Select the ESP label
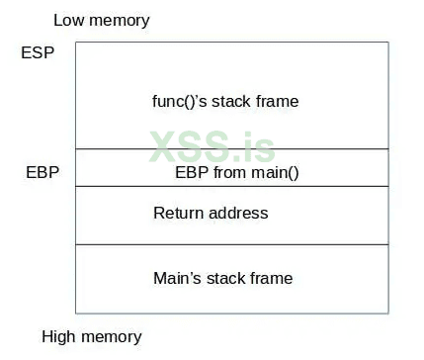37,52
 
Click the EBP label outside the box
42,172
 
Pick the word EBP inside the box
191,172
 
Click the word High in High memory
59,336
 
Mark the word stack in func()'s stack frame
240,101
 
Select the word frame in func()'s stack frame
280,101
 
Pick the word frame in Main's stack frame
272,278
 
